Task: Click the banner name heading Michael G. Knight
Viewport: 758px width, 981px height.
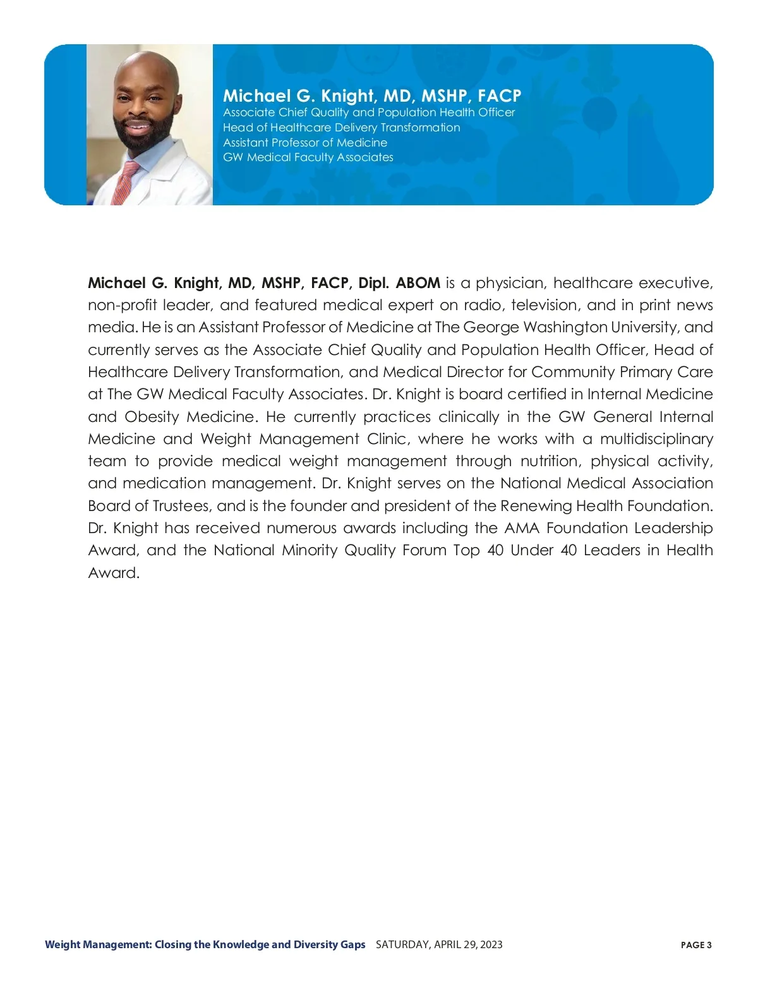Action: point(372,96)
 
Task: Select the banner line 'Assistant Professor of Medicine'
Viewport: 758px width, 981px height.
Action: point(305,143)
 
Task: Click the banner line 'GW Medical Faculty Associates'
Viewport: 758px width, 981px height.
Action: point(308,157)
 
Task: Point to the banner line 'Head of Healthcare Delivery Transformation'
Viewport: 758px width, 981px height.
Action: point(341,128)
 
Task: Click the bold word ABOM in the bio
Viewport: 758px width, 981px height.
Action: point(418,283)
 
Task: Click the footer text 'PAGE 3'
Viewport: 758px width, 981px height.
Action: point(696,945)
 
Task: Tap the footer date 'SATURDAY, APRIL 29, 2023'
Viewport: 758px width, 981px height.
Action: point(439,944)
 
